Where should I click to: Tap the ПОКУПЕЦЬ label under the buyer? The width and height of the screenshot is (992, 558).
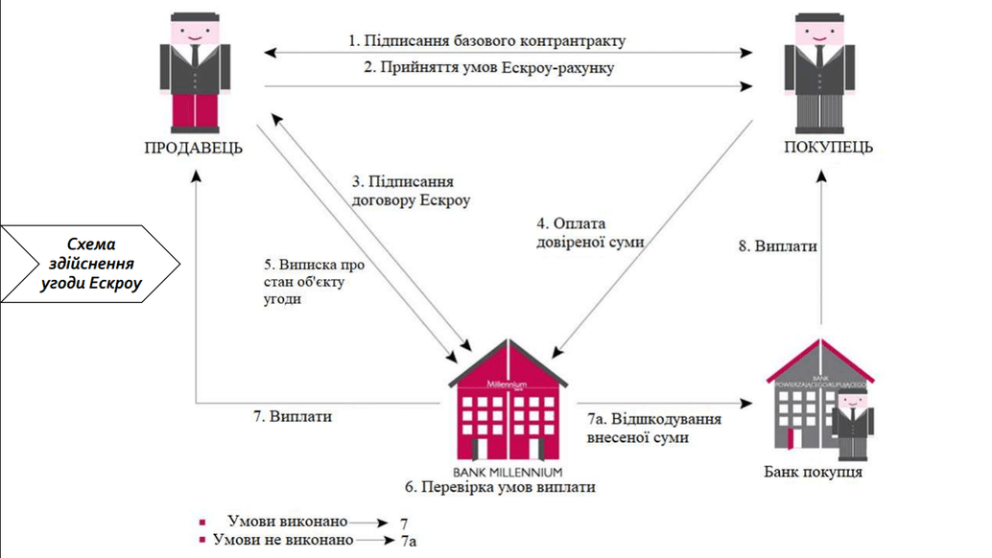[x=829, y=147]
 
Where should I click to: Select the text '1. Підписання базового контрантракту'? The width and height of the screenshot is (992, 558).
[x=486, y=41]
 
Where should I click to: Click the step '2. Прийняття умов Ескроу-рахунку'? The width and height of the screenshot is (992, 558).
[x=488, y=68]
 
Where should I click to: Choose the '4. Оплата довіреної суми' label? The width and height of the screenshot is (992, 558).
[x=589, y=233]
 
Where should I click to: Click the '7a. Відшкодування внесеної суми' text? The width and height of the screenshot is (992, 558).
[x=653, y=428]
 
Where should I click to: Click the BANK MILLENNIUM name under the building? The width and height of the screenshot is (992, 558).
[x=508, y=473]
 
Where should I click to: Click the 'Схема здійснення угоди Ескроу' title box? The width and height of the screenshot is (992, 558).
[x=92, y=265]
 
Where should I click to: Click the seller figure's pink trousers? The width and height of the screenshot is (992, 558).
[x=194, y=110]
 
